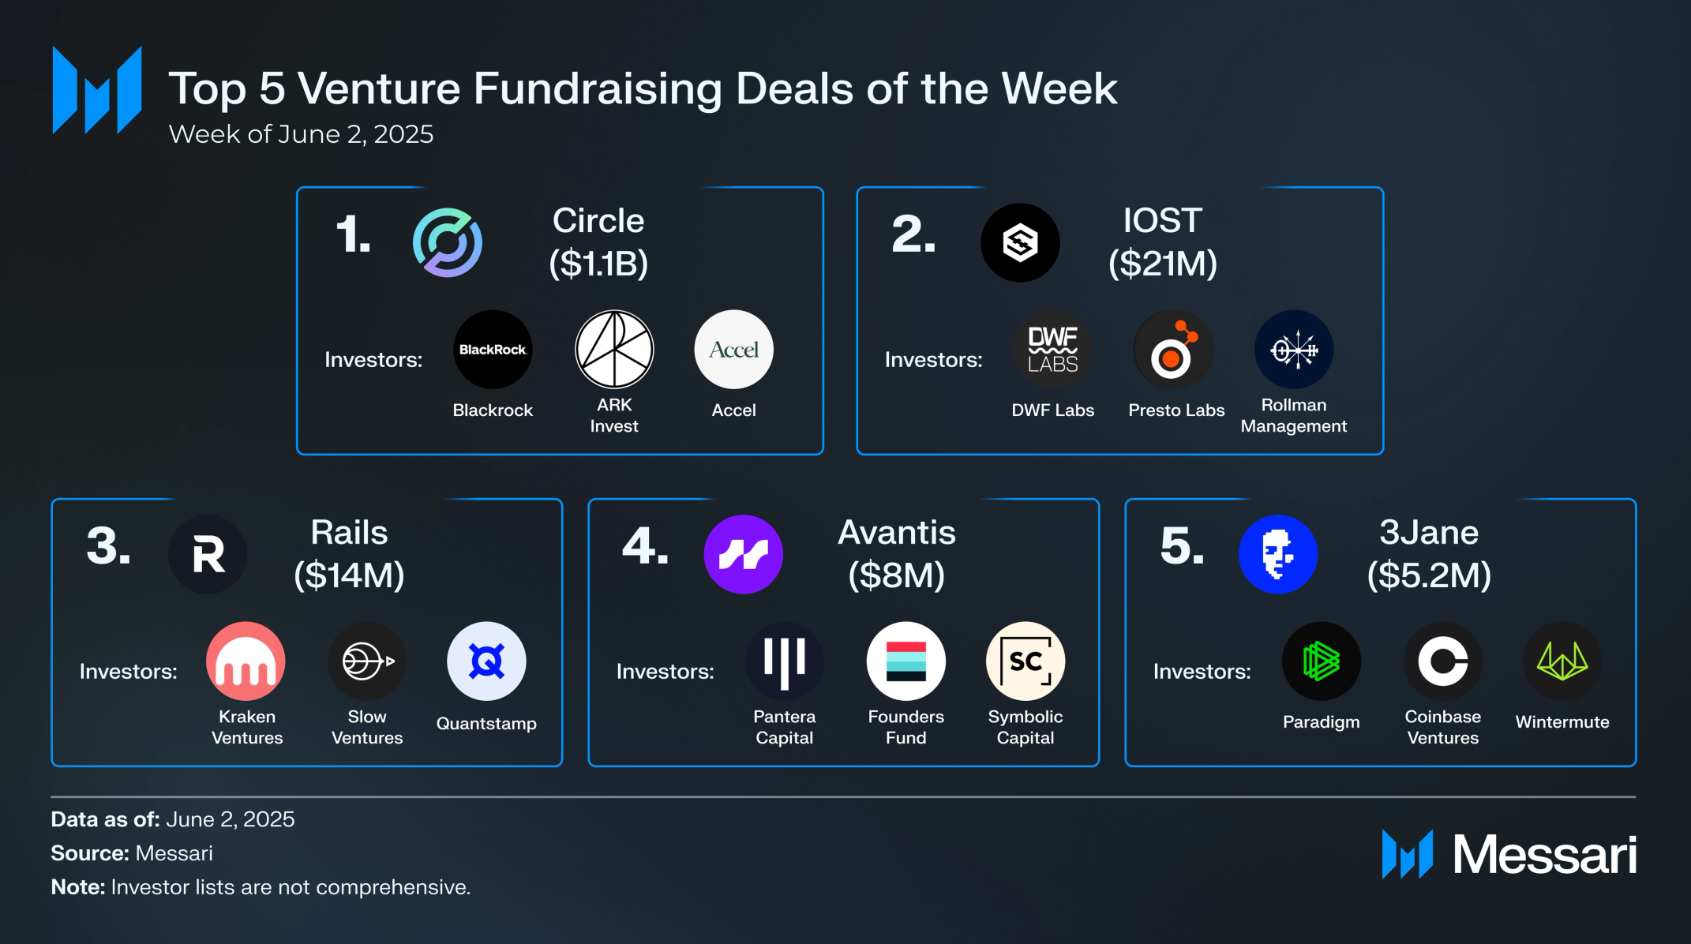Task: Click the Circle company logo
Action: point(448,242)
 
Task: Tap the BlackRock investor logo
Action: point(493,350)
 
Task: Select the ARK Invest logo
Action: point(614,350)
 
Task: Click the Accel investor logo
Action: point(733,350)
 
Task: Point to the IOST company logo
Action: point(1020,242)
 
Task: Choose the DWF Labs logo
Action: point(1052,350)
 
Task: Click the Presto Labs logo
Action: point(1173,350)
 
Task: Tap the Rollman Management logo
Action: point(1294,350)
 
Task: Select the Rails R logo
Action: point(208,554)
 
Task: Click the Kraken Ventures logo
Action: point(246,661)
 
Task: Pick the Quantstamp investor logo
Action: point(486,661)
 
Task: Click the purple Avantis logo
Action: point(743,554)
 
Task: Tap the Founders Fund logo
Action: point(905,661)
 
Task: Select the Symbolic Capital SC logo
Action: point(1025,661)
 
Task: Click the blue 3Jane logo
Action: point(1278,554)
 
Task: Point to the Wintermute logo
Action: point(1562,661)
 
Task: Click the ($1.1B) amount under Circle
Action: point(598,263)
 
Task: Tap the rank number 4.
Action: point(644,546)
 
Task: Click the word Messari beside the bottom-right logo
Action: point(1545,855)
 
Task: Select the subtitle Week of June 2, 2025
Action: point(301,134)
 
